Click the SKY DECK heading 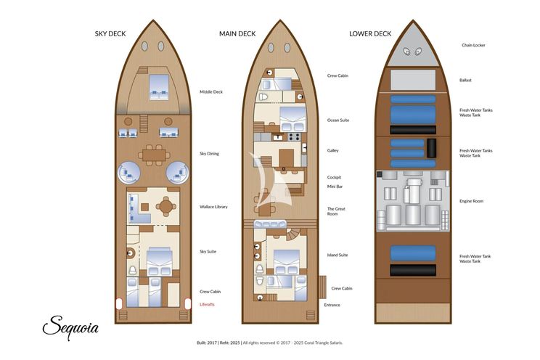coord(110,34)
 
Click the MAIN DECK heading coord(237,34)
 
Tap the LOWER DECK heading coord(370,34)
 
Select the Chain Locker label coord(473,45)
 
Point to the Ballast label coord(465,81)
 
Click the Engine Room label coord(471,201)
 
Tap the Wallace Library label coord(213,207)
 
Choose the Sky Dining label coord(209,154)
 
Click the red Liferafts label coord(207,305)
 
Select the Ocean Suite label coord(337,120)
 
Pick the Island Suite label coord(337,255)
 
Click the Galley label coord(332,150)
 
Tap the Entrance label coord(332,305)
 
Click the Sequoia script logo coord(70,327)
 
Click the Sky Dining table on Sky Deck coord(154,155)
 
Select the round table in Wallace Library coord(166,207)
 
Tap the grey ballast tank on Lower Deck coord(413,80)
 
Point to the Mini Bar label coord(335,187)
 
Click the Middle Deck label coord(211,92)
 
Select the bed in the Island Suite coord(286,262)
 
